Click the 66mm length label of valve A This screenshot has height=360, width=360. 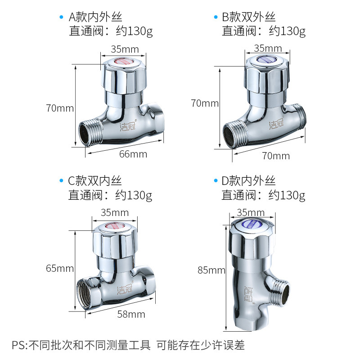(x=133, y=154)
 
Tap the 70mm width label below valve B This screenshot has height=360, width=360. (x=275, y=156)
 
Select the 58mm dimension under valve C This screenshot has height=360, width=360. (x=130, y=314)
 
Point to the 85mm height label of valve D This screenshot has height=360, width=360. (x=211, y=270)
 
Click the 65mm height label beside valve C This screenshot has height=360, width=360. (x=59, y=268)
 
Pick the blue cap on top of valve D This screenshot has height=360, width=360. (x=252, y=223)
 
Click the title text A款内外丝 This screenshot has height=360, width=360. (x=95, y=18)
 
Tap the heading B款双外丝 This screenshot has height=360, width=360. (x=248, y=18)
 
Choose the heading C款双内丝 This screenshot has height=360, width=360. (x=95, y=181)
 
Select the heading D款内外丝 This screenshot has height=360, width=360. (x=248, y=181)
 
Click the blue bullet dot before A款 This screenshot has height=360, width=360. (x=62, y=18)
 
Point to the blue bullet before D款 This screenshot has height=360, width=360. (x=215, y=181)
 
